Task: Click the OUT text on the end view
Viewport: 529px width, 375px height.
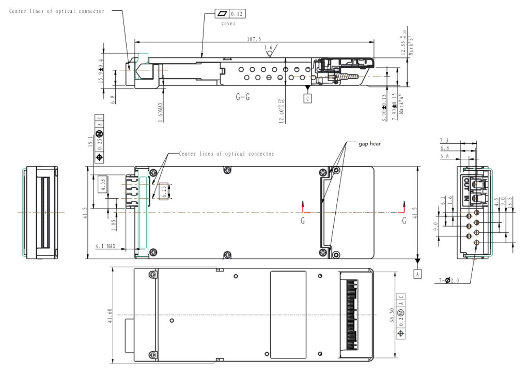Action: [x=466, y=183]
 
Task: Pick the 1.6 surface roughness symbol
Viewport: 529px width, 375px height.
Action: [x=268, y=48]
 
